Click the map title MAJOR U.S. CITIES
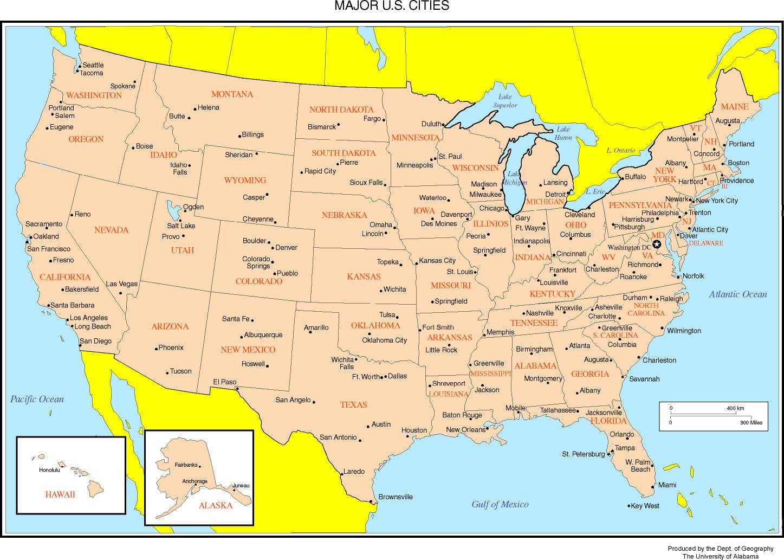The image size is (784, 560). [391, 6]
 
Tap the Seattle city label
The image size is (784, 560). [93, 65]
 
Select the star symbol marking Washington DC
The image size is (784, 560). [657, 244]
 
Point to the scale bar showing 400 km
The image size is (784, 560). [713, 415]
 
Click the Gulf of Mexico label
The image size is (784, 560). [500, 505]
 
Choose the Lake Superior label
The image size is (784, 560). [504, 101]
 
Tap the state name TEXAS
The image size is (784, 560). [353, 405]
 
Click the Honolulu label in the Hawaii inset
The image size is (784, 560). [49, 470]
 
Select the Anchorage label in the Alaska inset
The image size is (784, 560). [195, 481]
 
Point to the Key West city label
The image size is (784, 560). [645, 506]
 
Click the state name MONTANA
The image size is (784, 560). [232, 94]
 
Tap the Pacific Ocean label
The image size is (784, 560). [37, 400]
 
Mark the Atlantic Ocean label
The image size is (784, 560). [738, 294]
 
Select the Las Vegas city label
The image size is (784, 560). [121, 284]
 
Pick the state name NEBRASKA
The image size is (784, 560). [344, 215]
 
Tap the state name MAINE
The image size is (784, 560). [734, 107]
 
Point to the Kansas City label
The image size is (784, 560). [437, 261]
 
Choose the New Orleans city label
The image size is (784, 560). [465, 430]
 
